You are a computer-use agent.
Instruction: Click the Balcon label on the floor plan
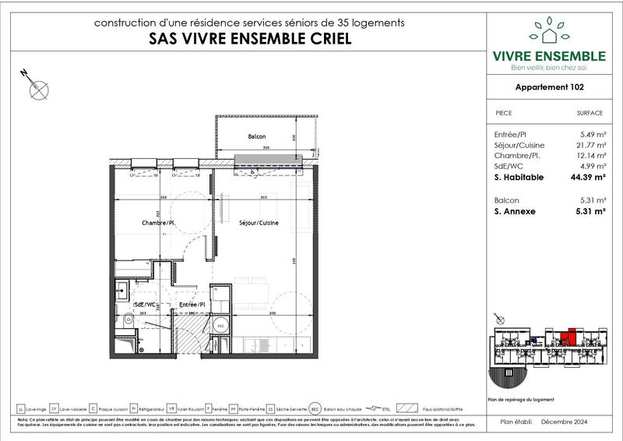click(x=257, y=136)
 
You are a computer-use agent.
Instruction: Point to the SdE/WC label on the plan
click(x=145, y=304)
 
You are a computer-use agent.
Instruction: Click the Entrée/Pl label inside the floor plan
click(x=192, y=304)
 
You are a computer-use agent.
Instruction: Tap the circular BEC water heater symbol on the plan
click(x=220, y=325)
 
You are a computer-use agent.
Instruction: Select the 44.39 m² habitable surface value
click(x=588, y=178)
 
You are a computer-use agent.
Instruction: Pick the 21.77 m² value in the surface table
click(x=590, y=145)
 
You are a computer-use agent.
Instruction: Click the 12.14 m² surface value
click(x=590, y=156)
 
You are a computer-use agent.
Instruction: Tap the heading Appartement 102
click(x=550, y=88)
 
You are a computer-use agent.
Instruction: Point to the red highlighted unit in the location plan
click(x=571, y=337)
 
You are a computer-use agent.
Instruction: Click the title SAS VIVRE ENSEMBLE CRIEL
click(x=249, y=39)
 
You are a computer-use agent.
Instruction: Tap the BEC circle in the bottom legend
click(x=315, y=408)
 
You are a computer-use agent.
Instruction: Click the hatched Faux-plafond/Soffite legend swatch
click(x=406, y=408)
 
